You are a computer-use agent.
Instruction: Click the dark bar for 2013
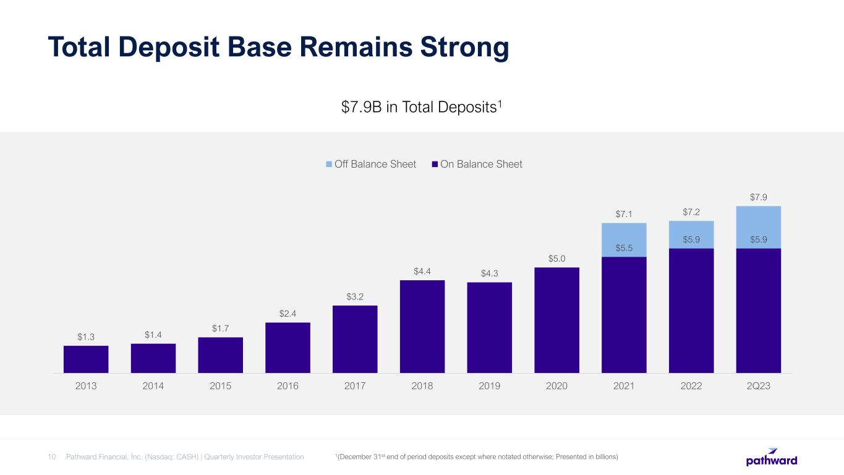(86, 359)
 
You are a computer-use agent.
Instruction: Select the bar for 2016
(288, 348)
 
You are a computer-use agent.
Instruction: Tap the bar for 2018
(422, 327)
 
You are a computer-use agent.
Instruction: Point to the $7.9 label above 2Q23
(759, 197)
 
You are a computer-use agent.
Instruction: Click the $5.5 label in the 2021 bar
(624, 248)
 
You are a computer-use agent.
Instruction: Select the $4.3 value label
(489, 273)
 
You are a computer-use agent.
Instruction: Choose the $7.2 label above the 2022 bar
(691, 212)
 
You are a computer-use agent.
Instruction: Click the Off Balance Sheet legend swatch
(329, 165)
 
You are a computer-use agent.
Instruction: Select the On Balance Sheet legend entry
(477, 165)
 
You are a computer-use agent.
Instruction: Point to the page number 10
(52, 457)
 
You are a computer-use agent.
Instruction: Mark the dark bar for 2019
(489, 328)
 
